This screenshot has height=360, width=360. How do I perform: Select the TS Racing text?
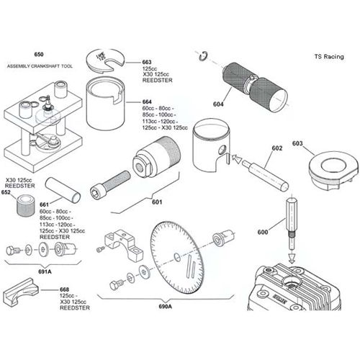pos(329,55)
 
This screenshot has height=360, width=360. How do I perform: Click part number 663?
pos(147,62)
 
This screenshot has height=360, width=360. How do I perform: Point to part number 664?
pos(147,103)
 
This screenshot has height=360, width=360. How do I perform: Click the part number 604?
pos(217,105)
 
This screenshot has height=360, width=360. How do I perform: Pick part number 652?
pos(6,192)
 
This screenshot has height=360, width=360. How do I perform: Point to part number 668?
pos(66,289)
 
